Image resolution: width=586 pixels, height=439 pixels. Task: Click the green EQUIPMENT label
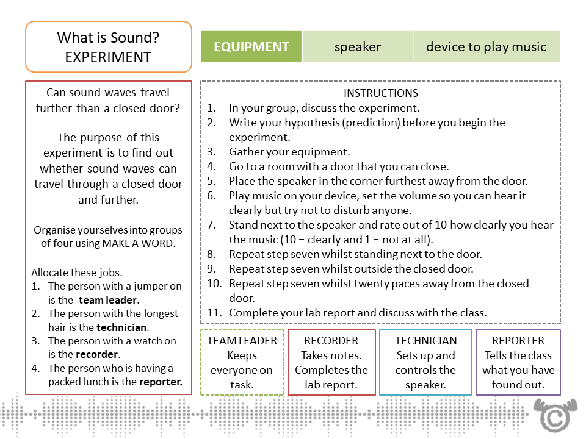[251, 47]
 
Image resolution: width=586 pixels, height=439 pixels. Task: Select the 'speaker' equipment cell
[358, 47]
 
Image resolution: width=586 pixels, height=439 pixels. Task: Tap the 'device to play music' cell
[486, 47]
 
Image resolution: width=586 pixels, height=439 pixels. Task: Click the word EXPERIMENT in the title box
[108, 57]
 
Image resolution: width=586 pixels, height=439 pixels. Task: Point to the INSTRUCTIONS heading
[381, 93]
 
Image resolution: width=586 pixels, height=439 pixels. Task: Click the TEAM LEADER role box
[242, 362]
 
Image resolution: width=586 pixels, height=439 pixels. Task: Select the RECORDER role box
[331, 362]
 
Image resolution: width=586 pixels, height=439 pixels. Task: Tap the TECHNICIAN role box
[425, 362]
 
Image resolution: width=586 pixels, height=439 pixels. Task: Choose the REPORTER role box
[518, 362]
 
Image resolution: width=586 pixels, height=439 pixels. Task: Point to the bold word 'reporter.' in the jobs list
[161, 382]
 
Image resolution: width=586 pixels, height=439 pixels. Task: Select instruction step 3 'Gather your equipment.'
[289, 152]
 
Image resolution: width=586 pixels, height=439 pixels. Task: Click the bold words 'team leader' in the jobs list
[109, 300]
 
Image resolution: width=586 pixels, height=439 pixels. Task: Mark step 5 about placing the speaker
[378, 181]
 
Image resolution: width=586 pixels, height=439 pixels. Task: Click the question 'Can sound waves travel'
[108, 93]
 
